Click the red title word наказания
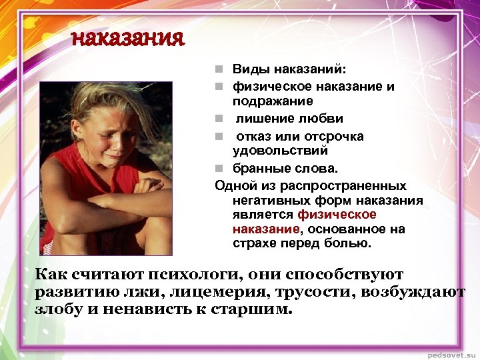click(x=127, y=39)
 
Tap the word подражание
click(x=273, y=101)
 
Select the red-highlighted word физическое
click(x=337, y=214)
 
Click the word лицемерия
click(x=207, y=292)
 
